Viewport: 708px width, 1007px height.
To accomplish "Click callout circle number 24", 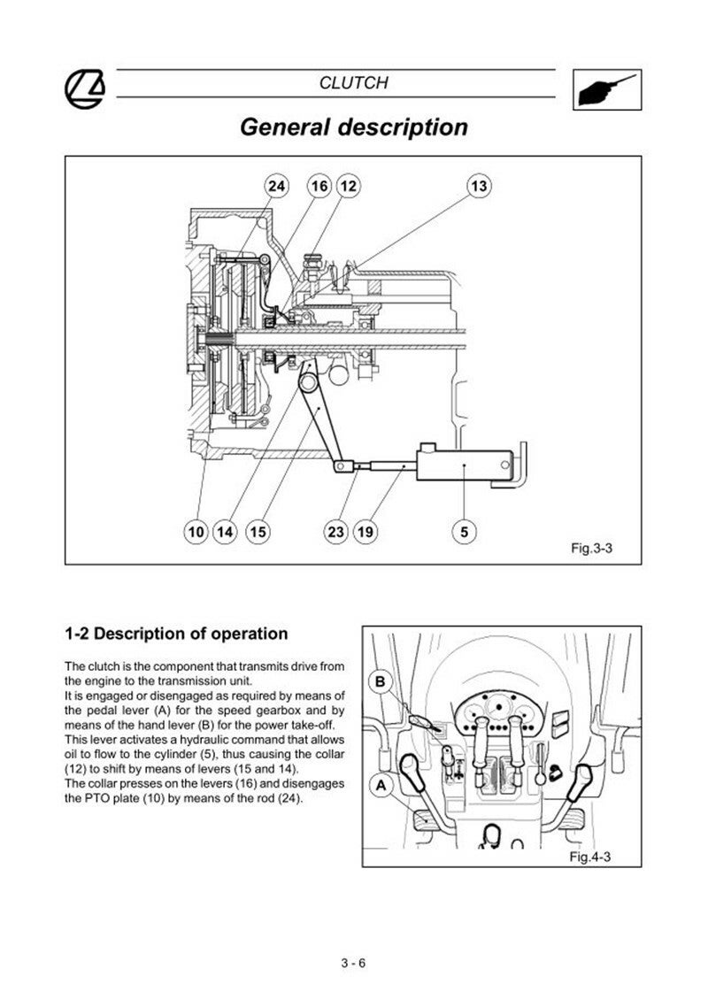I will click(x=277, y=186).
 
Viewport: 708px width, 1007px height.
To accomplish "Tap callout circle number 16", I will click(x=319, y=186).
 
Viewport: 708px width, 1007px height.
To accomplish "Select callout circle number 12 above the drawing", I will click(x=348, y=186).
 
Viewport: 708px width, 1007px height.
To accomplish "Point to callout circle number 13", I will click(x=479, y=186).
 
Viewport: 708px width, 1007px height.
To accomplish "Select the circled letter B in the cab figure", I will click(x=381, y=682).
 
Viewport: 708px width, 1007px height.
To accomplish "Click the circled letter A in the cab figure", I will click(x=381, y=784).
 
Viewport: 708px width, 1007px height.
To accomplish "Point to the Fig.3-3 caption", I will click(x=591, y=549).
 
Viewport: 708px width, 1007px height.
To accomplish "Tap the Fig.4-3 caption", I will click(x=590, y=857).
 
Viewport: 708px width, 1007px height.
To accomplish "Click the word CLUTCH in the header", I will click(x=353, y=83).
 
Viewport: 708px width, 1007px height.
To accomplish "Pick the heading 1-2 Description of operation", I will click(x=176, y=634).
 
